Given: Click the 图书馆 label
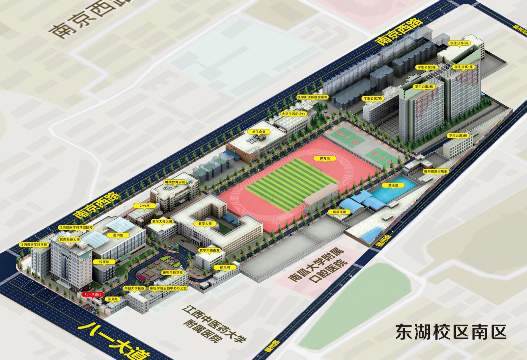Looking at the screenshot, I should pos(118,235).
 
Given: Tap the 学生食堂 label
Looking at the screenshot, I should pos(259,132).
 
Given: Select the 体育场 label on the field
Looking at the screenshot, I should pos(324,158).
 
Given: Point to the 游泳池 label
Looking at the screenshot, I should pos(393,186).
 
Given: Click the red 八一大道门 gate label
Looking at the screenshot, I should pos(93,294).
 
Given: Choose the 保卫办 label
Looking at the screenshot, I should pos(112,299).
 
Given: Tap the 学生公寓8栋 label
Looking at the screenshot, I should pos(459,43).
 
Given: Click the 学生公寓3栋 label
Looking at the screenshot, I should pos(458,136).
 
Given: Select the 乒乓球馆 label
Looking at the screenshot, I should pos(339,212).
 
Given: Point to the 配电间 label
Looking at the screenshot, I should pos(225,268).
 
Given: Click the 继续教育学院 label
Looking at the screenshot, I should pos(175,182).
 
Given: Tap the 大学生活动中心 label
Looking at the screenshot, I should pos(293,114).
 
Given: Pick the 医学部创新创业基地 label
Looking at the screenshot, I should pos(313,97).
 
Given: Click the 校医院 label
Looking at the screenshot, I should pos(104,262).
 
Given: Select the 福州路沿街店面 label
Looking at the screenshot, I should pos(435,171).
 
